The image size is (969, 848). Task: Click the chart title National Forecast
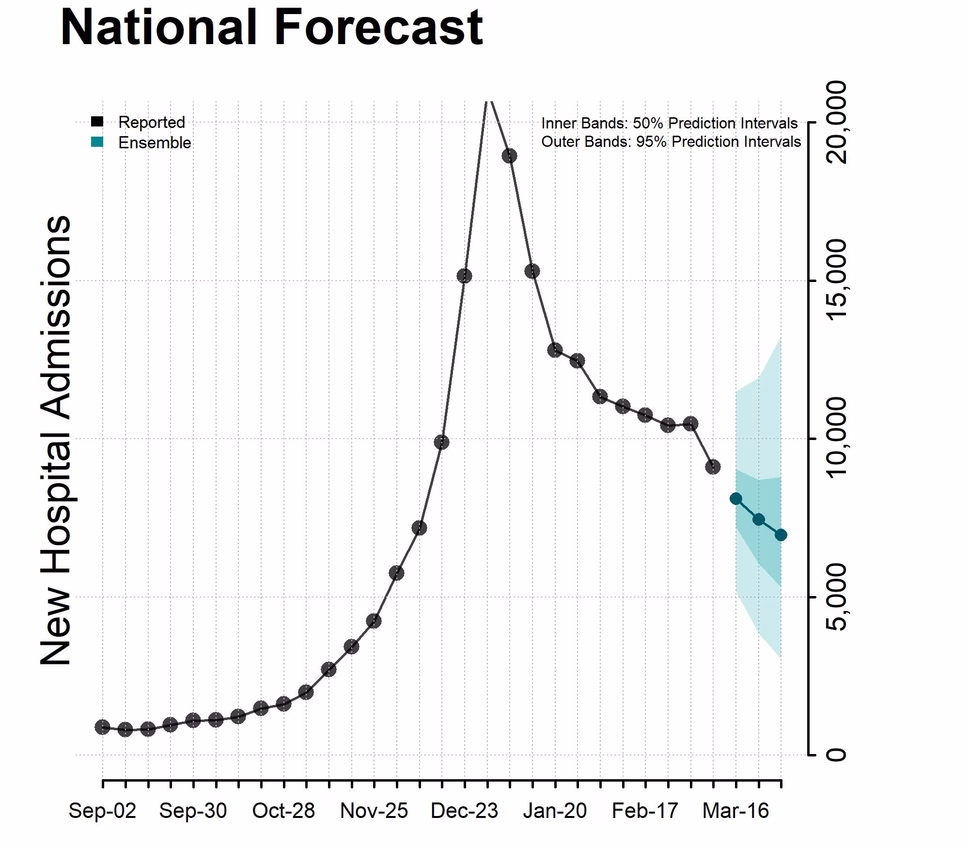tap(271, 28)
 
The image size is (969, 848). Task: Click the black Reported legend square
tap(97, 122)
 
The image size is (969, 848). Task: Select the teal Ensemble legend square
tap(97, 142)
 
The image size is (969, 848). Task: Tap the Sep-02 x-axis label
tap(102, 811)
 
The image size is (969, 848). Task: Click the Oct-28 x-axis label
tap(283, 811)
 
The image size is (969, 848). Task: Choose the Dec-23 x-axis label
tap(464, 811)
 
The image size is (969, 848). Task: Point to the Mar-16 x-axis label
tap(735, 811)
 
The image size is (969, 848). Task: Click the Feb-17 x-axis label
tap(645, 811)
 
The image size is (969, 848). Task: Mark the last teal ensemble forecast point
tap(781, 535)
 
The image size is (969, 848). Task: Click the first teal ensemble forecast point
tap(735, 499)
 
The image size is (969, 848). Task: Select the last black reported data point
tap(713, 467)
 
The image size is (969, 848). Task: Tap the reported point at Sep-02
tap(102, 727)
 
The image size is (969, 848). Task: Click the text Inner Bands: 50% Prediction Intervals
tap(669, 123)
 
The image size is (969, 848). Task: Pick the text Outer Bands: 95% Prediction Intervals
tap(671, 141)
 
